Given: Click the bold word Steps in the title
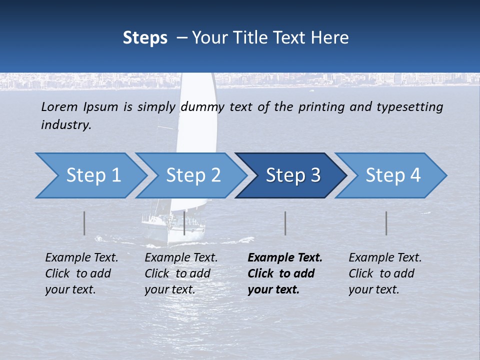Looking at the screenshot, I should tap(145, 37).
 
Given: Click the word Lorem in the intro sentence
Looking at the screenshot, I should tap(59, 106).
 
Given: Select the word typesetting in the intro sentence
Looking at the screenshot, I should tap(409, 107).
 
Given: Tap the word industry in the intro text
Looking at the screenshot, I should tap(66, 124).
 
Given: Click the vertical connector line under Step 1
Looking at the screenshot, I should tap(84, 223).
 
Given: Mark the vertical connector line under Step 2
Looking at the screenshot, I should tap(184, 223).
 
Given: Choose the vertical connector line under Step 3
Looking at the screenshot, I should tap(285, 223).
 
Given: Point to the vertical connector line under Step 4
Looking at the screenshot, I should tap(386, 223).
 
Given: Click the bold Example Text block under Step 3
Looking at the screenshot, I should tap(285, 273).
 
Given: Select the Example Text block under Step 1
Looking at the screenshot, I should tap(81, 273).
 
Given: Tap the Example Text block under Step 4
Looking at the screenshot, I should tap(385, 273).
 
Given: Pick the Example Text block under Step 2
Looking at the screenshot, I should tap(181, 273).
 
